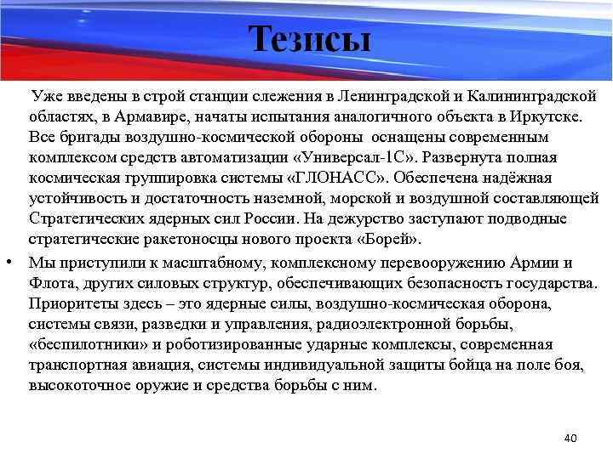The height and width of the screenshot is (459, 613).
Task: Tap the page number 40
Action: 570,438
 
